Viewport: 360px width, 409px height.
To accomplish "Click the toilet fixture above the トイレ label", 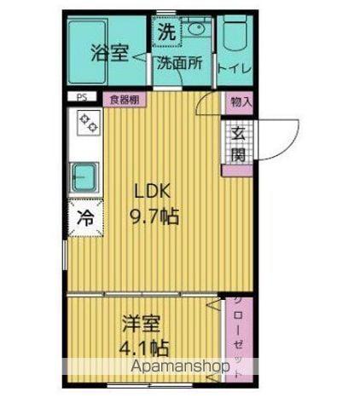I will (233, 36).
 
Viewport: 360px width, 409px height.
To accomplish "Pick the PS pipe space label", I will (83, 98).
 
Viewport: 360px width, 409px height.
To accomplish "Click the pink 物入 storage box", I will (240, 101).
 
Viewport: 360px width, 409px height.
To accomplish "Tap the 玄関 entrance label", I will (238, 144).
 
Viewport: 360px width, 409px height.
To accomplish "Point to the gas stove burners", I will (86, 126).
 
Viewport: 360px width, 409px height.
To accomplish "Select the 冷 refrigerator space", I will (85, 217).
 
